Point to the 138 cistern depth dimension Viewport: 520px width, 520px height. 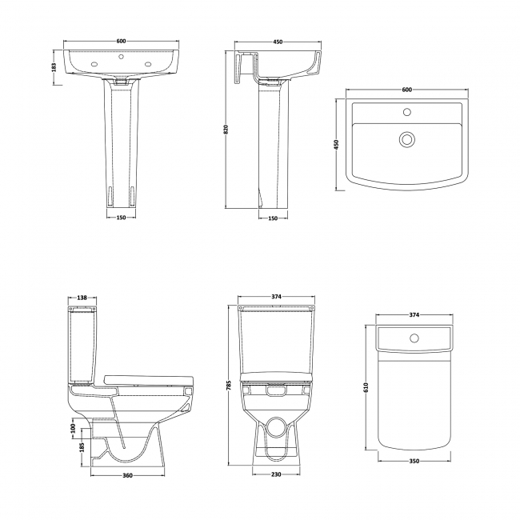click(83, 298)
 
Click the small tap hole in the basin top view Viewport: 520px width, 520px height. click(406, 112)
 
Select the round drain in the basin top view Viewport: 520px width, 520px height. click(406, 141)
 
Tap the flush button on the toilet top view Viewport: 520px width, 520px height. click(414, 338)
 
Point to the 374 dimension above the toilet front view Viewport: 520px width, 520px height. click(276, 298)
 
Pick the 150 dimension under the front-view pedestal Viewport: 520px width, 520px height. click(121, 218)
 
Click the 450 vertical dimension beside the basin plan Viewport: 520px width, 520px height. click(337, 144)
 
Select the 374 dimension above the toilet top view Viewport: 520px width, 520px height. click(414, 315)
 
